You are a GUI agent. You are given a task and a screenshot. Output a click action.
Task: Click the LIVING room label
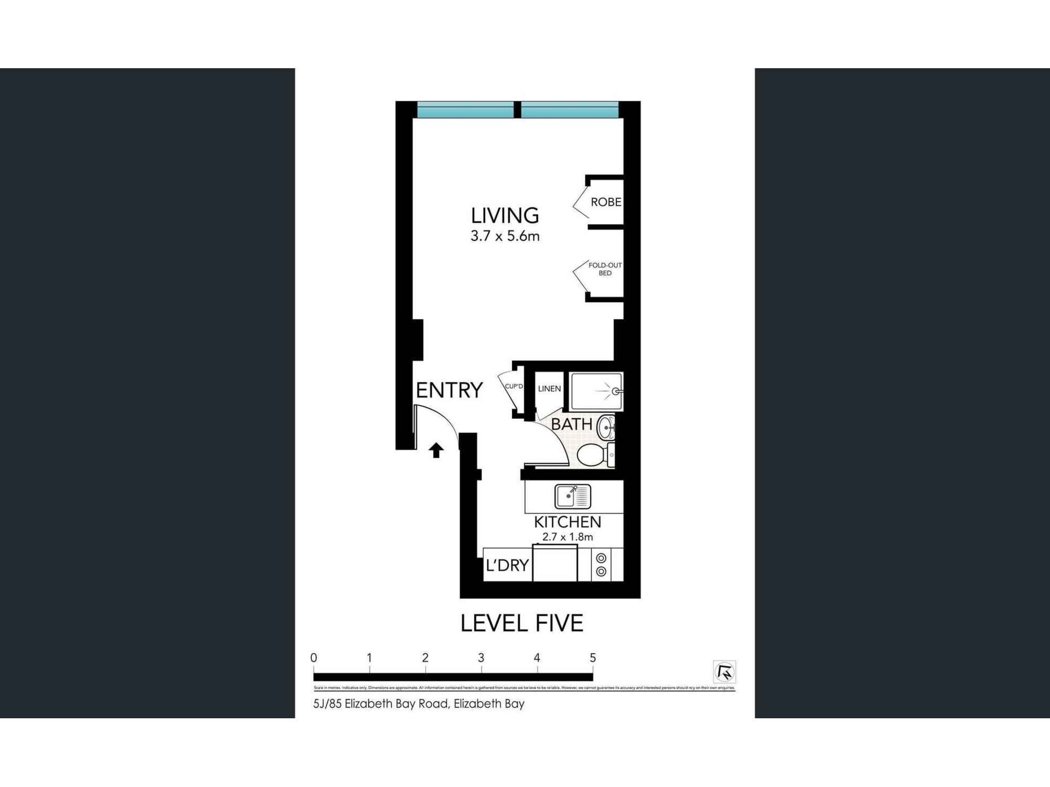[x=505, y=216]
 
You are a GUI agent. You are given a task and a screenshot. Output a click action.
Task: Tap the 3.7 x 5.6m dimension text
[x=505, y=237]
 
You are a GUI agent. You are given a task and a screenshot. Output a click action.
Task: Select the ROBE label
[x=605, y=202]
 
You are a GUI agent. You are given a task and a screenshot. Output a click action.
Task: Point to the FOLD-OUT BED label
[x=605, y=269]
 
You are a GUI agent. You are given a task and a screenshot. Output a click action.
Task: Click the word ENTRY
[x=449, y=390]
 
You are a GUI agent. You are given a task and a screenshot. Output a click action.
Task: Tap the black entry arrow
[x=436, y=450]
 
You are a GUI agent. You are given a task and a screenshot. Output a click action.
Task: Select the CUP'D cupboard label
[x=513, y=387]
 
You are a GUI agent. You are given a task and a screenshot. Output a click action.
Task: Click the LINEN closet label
[x=549, y=389]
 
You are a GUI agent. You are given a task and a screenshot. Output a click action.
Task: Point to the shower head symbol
[x=615, y=391]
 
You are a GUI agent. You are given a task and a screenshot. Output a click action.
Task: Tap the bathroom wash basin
[x=607, y=427]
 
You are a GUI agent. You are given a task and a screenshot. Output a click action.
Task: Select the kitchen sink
[x=572, y=496]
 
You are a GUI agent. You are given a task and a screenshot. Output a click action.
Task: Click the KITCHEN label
[x=568, y=522]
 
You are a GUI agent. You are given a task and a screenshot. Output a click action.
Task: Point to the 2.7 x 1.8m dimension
[x=568, y=537]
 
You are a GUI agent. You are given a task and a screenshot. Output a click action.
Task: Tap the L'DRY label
[x=507, y=566]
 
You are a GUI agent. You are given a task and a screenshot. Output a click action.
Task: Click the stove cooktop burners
[x=602, y=565]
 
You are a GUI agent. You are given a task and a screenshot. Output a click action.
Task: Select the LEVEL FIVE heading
[x=522, y=623]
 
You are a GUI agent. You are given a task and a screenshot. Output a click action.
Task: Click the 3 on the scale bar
[x=481, y=658]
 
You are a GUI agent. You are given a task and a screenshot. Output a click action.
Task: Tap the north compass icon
[x=724, y=672]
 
